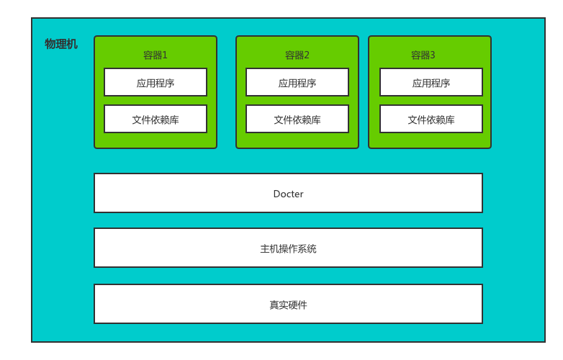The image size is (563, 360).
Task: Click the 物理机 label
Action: pos(61,44)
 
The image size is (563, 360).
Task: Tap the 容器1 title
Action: pos(155,55)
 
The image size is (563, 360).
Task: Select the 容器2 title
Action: pos(297,55)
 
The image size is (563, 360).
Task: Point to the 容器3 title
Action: pos(423,55)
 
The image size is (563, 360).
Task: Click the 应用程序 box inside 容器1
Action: pos(156,82)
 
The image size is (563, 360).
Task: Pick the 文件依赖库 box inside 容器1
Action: pos(156,119)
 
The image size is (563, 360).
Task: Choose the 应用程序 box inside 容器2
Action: pos(297,82)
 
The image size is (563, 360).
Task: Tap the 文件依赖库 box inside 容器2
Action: pos(297,119)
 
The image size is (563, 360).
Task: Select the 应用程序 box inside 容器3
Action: pos(431,82)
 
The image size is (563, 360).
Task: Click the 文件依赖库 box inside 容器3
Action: pos(431,119)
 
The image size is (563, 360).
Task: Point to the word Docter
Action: pos(288,194)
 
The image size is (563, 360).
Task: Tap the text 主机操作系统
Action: pos(288,249)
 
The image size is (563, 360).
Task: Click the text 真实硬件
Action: pos(288,305)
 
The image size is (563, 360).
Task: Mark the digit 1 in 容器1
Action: pos(165,55)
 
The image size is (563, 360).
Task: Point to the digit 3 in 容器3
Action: pos(433,55)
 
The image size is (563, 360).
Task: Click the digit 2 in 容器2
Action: pos(307,55)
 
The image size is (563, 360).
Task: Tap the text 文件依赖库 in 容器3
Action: pos(431,120)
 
